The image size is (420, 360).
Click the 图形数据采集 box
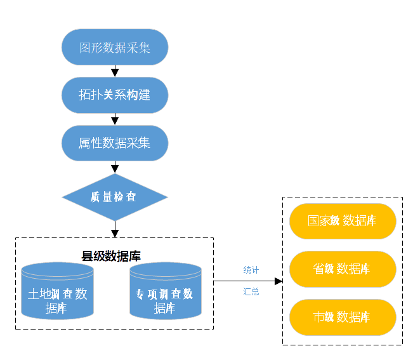pyautogui.click(x=115, y=47)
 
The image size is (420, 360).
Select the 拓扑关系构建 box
pyautogui.click(x=115, y=95)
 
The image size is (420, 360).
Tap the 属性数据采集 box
pyautogui.click(x=115, y=143)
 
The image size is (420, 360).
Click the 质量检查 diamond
pyautogui.click(x=115, y=197)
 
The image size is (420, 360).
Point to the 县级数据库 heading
pyautogui.click(x=111, y=256)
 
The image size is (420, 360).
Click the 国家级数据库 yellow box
pyautogui.click(x=343, y=221)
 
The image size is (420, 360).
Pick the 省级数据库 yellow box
pyautogui.click(x=343, y=269)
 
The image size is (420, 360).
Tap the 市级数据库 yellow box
pyautogui.click(x=343, y=316)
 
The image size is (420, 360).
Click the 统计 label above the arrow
pyautogui.click(x=251, y=270)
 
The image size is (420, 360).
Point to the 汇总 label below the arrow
pyautogui.click(x=251, y=292)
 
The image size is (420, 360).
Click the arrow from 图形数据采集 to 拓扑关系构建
pyautogui.click(x=115, y=70)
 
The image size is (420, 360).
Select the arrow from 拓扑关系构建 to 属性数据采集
pyautogui.click(x=115, y=119)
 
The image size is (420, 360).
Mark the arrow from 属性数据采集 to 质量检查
pyautogui.click(x=115, y=167)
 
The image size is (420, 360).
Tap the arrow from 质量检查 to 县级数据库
pyautogui.click(x=115, y=229)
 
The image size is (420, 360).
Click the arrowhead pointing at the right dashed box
pyautogui.click(x=278, y=281)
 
